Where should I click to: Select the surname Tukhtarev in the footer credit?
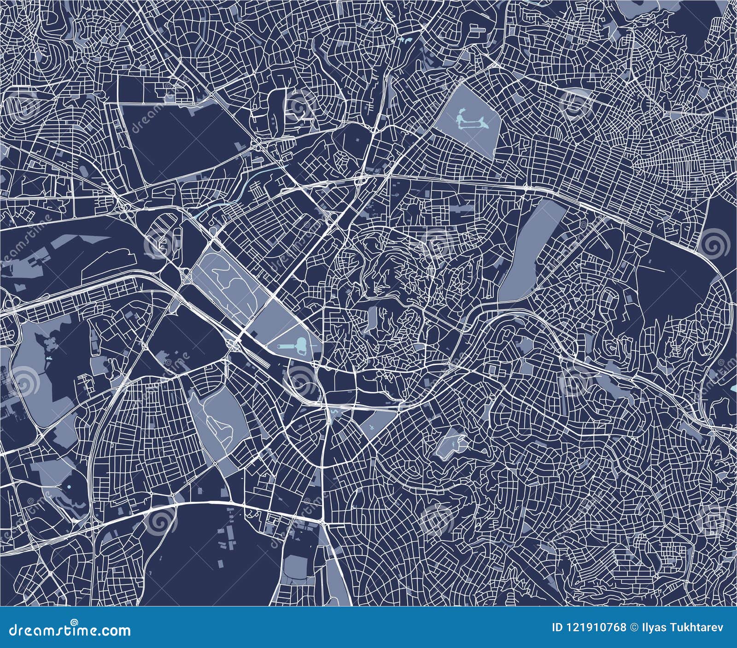691,627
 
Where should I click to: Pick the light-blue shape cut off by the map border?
733,391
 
